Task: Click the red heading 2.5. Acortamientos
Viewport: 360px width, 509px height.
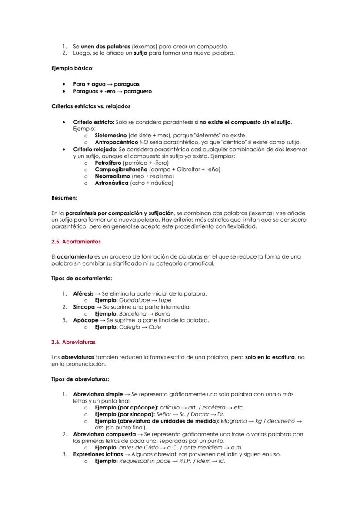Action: click(x=76, y=241)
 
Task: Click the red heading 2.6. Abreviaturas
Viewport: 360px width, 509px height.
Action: click(x=73, y=342)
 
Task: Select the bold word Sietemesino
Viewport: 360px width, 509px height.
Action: click(x=111, y=136)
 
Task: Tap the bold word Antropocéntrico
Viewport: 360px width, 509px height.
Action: click(x=116, y=142)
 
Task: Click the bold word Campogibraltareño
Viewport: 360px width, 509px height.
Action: click(x=121, y=169)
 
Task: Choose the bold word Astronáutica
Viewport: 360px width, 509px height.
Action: click(x=112, y=183)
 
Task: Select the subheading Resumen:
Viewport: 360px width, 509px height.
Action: click(x=64, y=198)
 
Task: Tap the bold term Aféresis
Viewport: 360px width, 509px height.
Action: click(x=83, y=293)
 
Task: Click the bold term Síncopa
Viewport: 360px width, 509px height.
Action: click(x=83, y=307)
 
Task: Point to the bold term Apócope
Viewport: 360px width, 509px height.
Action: click(x=85, y=320)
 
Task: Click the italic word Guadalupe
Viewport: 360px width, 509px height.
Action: click(x=133, y=300)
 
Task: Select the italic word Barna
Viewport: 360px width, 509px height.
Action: click(x=162, y=314)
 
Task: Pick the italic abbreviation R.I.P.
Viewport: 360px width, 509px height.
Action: click(x=187, y=461)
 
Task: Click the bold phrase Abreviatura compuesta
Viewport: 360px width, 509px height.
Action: click(x=104, y=434)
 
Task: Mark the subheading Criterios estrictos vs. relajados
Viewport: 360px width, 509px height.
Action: click(x=90, y=106)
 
